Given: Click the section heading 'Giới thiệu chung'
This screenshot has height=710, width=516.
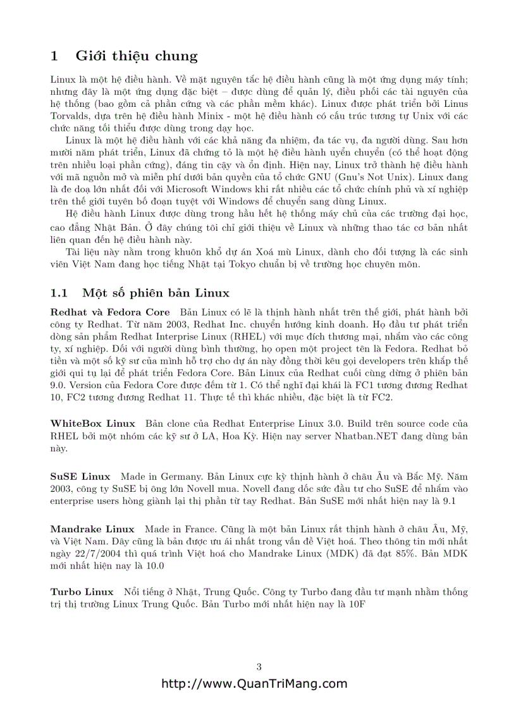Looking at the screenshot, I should [x=137, y=56].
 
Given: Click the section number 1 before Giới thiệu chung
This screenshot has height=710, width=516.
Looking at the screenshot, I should [x=54, y=56].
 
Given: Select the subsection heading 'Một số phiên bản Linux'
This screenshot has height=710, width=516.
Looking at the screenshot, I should [x=156, y=293].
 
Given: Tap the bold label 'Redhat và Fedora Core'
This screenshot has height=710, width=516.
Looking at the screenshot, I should [x=110, y=312].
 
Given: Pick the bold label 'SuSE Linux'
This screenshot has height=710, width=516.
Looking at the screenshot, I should [x=80, y=476].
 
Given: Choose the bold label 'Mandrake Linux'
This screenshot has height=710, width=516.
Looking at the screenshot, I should [x=92, y=529].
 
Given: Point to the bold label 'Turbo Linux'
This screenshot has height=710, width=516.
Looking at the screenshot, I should [x=82, y=592].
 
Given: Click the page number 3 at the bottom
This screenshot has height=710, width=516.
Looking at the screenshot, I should [x=259, y=667].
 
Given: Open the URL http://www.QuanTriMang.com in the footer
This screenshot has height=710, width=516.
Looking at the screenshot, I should [x=255, y=683].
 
